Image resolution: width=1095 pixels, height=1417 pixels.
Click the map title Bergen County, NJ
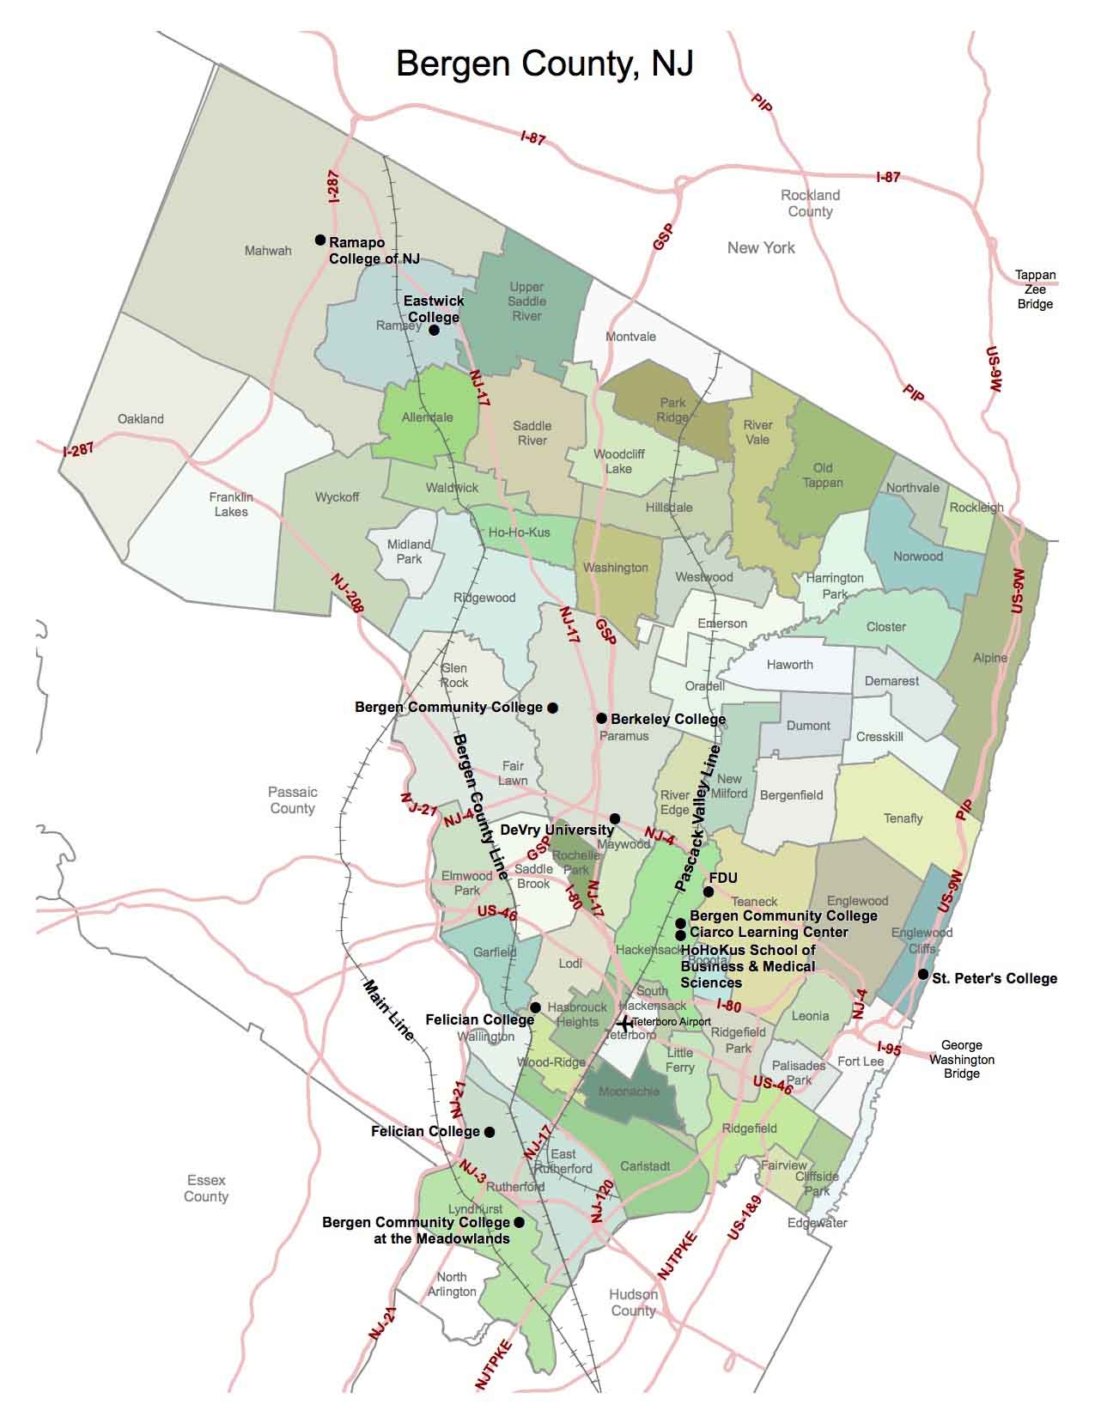544,64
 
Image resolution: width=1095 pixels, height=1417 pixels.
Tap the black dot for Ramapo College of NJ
320,240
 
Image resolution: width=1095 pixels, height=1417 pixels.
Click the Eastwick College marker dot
434,330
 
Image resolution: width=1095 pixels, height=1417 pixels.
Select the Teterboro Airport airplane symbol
625,1024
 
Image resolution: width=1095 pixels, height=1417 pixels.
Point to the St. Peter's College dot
922,975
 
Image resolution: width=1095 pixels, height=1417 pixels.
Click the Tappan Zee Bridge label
1035,289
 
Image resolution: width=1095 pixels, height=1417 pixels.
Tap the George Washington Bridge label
961,1059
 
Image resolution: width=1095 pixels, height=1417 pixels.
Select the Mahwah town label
268,251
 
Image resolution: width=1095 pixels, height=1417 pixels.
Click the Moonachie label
630,1092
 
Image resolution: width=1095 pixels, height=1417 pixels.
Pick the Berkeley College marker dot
601,718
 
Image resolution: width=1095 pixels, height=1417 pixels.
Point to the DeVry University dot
615,818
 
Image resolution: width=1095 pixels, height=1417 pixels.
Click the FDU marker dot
709,891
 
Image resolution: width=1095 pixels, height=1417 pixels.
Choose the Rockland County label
810,204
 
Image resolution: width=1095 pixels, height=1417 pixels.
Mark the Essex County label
206,1189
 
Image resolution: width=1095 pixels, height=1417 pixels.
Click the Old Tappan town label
823,475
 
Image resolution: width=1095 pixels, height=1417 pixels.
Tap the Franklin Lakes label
231,504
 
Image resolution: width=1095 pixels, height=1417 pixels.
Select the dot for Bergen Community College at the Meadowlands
518,1222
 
